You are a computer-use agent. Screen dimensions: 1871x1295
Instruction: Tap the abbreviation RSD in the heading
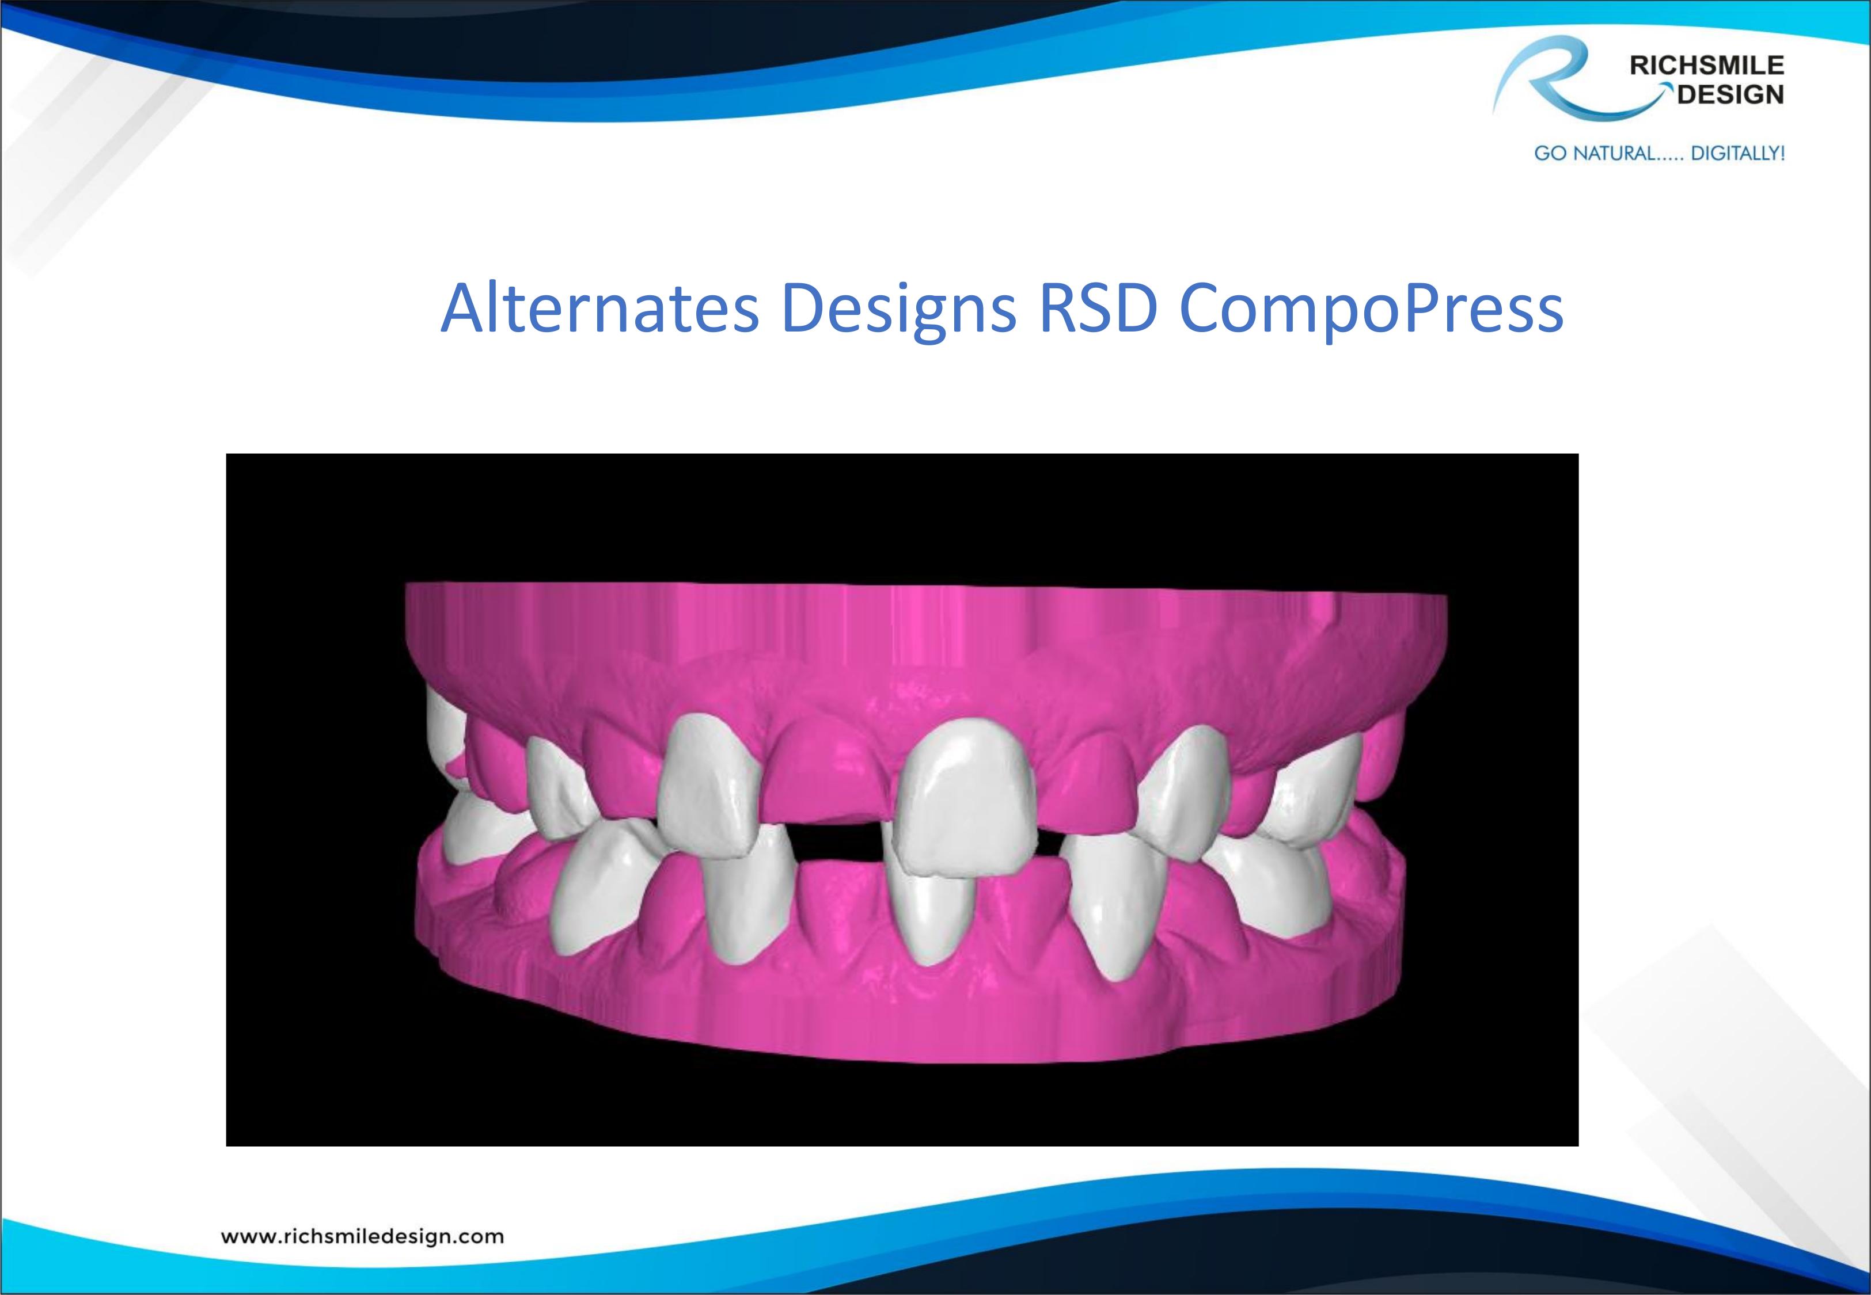click(1098, 309)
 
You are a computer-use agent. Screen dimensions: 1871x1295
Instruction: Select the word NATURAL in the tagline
click(1612, 153)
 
